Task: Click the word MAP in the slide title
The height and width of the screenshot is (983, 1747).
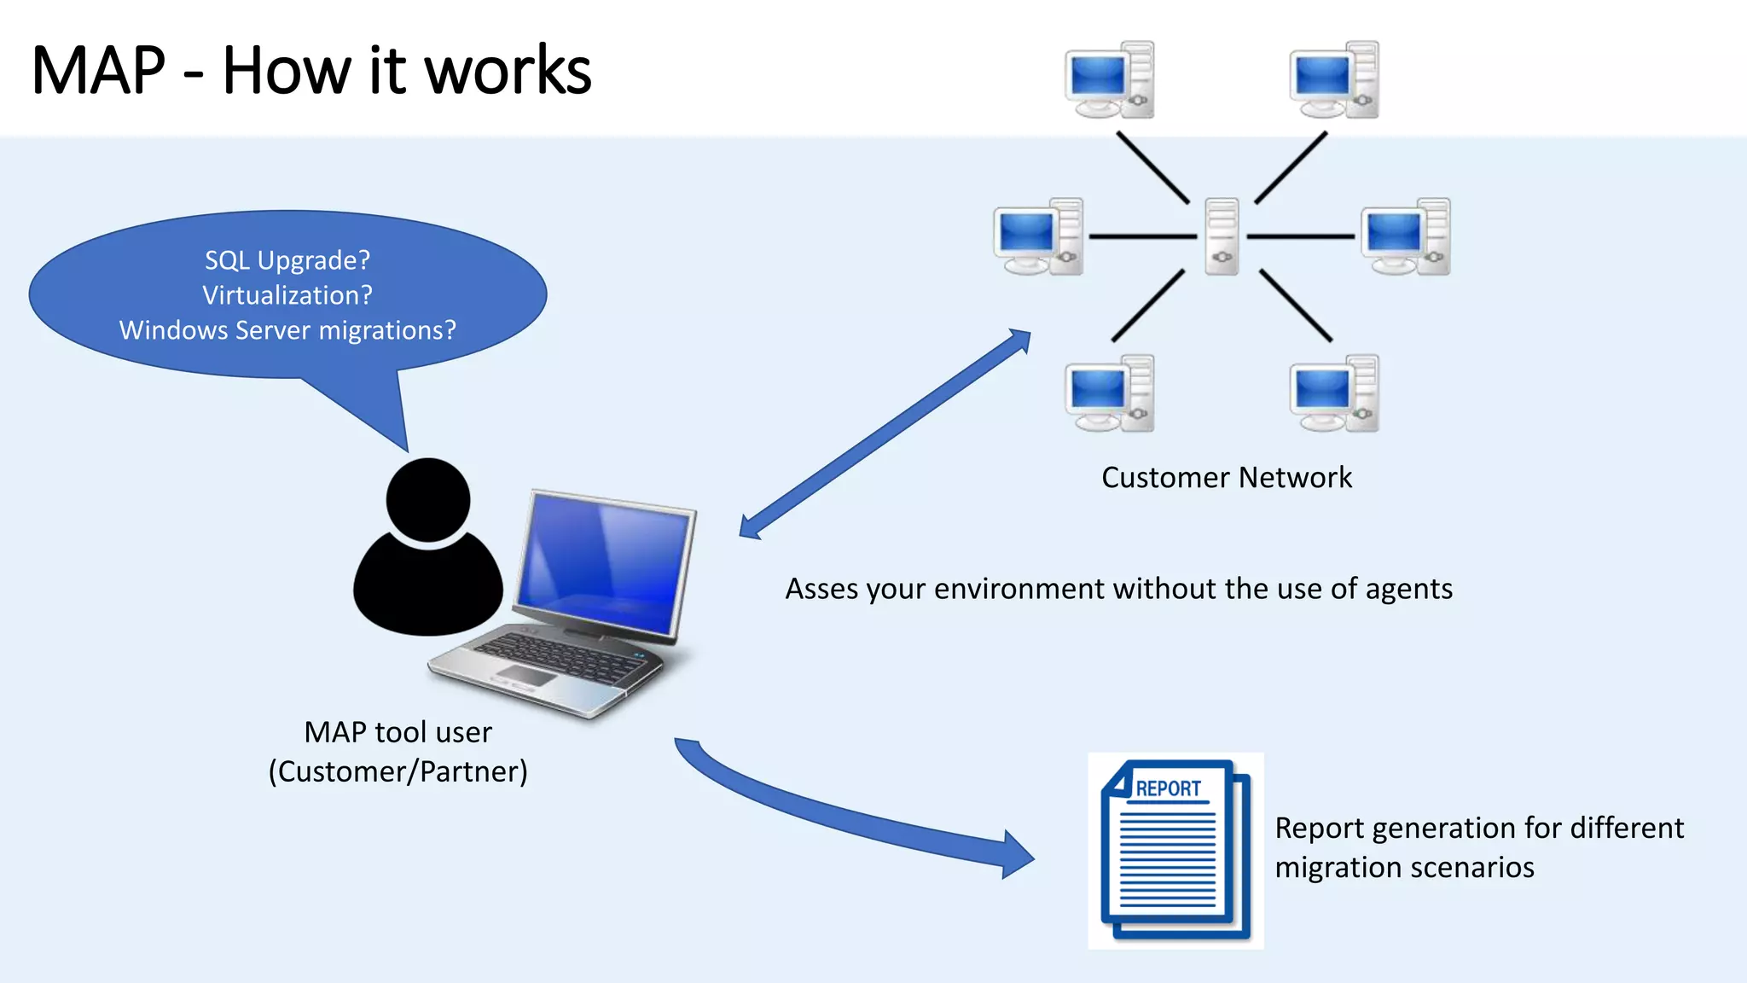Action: pyautogui.click(x=98, y=71)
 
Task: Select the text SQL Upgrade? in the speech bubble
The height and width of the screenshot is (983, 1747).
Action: pyautogui.click(x=287, y=260)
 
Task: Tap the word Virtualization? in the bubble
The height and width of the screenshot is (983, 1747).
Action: pyautogui.click(x=287, y=295)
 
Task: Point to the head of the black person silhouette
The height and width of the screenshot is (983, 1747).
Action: pyautogui.click(x=427, y=499)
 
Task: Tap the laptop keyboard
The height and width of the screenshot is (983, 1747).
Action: pyautogui.click(x=559, y=658)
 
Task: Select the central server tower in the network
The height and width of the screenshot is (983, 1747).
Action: pyautogui.click(x=1222, y=236)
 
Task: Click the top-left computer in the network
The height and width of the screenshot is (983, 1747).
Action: pyautogui.click(x=1109, y=80)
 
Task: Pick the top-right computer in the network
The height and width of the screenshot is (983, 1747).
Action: pyautogui.click(x=1333, y=80)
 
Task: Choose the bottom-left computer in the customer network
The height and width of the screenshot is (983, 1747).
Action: pyautogui.click(x=1109, y=393)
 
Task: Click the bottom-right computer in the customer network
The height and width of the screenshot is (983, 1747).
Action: pyautogui.click(x=1333, y=393)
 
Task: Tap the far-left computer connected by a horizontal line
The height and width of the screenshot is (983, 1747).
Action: pyautogui.click(x=1038, y=237)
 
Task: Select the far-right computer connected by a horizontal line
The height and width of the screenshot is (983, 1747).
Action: pyautogui.click(x=1405, y=237)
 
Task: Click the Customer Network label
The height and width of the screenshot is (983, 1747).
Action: pyautogui.click(x=1226, y=477)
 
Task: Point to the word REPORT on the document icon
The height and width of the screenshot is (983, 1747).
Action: pyautogui.click(x=1168, y=788)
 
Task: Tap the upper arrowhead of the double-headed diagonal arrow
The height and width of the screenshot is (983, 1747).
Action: pyautogui.click(x=1019, y=340)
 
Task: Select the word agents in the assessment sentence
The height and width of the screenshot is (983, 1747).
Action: pyautogui.click(x=1408, y=590)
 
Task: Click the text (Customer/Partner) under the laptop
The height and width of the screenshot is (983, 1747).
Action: pyautogui.click(x=398, y=771)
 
